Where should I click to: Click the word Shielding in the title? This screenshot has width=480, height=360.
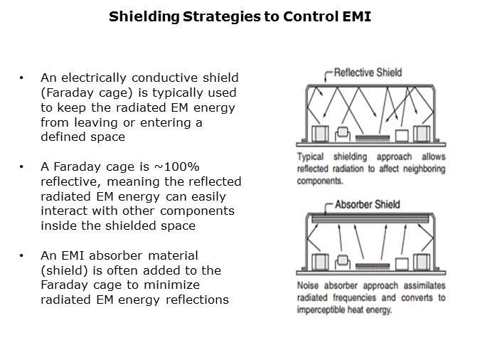pyautogui.click(x=144, y=17)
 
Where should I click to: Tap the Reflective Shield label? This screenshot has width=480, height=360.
pyautogui.click(x=368, y=73)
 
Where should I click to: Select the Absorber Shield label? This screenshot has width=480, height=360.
pyautogui.click(x=368, y=204)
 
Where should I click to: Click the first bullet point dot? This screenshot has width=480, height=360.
pyautogui.click(x=21, y=78)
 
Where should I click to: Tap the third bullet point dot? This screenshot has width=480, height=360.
pyautogui.click(x=21, y=255)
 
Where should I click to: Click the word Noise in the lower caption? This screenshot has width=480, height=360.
pyautogui.click(x=308, y=285)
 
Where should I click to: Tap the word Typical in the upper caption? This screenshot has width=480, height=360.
pyautogui.click(x=311, y=157)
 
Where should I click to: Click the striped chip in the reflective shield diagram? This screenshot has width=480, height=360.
pyautogui.click(x=373, y=138)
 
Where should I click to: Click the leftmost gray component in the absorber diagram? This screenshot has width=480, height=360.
pyautogui.click(x=320, y=263)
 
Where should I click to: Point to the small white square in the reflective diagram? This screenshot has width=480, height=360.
pyautogui.click(x=402, y=135)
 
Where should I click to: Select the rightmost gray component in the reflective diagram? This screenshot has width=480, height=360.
pyautogui.click(x=422, y=134)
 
